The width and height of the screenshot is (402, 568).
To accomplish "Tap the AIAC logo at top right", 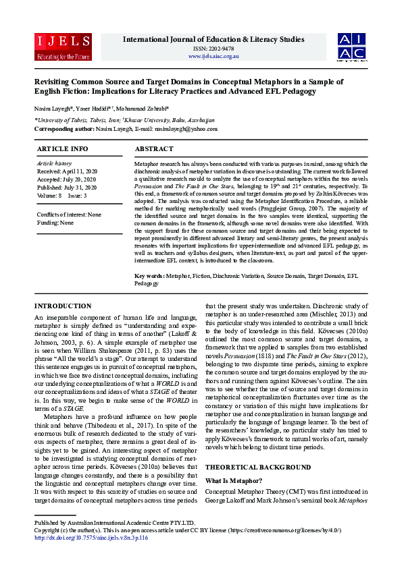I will coord(352,45).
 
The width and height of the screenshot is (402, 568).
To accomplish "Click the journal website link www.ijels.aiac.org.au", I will coord(213,56).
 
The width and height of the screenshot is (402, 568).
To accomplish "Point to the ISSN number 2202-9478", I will coord(213,49).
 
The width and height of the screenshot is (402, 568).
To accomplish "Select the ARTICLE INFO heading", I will coord(62,148).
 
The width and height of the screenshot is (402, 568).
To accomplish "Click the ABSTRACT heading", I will coord(154,148).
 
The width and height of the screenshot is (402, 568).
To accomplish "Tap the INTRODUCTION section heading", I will coord(63,306).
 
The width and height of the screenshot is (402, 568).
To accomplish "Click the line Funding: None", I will coord(56,222).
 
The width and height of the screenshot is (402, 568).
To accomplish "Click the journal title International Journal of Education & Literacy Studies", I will coord(213,40).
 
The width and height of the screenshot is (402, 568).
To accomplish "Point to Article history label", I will coord(54,164).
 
